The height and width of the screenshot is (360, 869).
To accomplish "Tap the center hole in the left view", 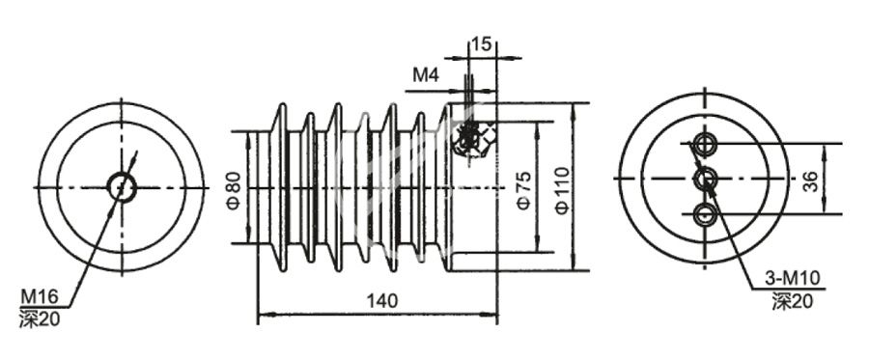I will click(x=121, y=185).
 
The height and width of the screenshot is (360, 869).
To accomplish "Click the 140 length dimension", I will click(x=381, y=301).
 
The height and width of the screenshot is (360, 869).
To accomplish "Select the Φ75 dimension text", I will click(x=522, y=190).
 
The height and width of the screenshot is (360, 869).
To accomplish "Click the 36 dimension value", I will click(x=811, y=180).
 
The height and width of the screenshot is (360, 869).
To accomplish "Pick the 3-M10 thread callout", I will click(x=797, y=279).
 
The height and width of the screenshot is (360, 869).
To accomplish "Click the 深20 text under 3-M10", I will click(x=793, y=301).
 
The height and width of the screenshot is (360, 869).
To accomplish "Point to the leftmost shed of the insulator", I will click(x=277, y=186).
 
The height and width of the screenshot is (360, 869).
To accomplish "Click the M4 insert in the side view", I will click(x=470, y=139).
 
